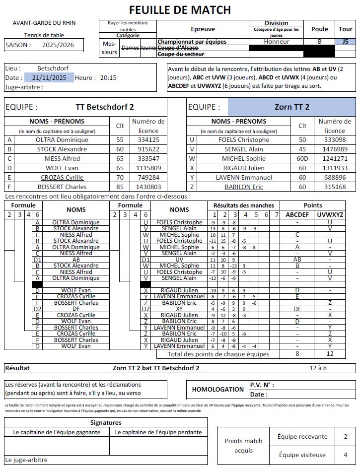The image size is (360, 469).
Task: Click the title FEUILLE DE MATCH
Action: pos(180,9)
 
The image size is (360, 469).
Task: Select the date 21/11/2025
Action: pos(49,77)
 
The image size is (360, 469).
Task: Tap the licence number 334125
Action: pos(148,140)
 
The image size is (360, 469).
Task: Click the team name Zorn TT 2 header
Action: pos(291,107)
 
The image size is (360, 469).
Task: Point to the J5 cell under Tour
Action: pos(345,42)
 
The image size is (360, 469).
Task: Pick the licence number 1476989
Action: pos(335,149)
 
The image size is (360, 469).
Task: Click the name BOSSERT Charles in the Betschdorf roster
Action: pos(62,187)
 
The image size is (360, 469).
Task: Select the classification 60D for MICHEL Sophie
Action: pos(302,159)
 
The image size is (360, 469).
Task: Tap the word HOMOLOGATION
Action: pos(217,390)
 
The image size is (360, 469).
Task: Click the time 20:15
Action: pos(108,77)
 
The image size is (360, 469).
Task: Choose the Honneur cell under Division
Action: pos(277,42)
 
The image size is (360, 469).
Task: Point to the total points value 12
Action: pos(329,354)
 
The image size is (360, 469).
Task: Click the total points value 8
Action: pos(297,354)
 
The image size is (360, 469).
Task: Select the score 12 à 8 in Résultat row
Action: pos(318,368)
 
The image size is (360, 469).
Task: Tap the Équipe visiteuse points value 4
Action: pos(345,455)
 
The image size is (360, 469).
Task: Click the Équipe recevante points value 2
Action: pos(345,437)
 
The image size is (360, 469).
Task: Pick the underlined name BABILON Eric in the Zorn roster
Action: pos(244,187)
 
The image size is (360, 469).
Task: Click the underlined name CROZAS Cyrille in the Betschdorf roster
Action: pos(62,178)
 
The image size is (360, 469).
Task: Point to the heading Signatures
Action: pos(106,423)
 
